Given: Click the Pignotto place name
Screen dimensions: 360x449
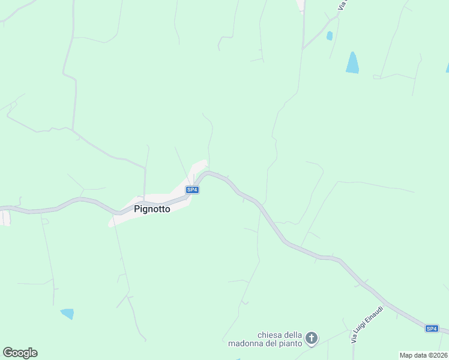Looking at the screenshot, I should coord(152,209).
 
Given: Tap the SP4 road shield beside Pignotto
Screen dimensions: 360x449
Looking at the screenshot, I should coord(192,190).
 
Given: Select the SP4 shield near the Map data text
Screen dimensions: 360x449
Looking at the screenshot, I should coord(432,328).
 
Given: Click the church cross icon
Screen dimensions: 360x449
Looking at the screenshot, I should coord(312,338).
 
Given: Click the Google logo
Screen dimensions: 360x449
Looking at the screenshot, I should coord(20,353).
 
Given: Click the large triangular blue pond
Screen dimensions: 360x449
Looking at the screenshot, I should coord(352,64).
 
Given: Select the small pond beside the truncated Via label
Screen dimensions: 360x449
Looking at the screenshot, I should coord(330,36).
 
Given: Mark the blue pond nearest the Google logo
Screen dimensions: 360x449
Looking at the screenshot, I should coord(67,313).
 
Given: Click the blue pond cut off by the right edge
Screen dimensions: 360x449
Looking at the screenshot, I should coord(447,68).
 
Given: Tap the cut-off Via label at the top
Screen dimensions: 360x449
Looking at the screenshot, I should coord(343,5).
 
